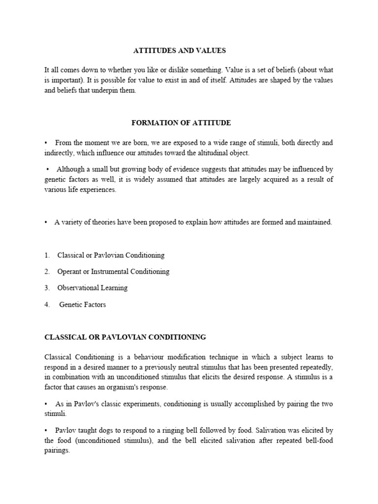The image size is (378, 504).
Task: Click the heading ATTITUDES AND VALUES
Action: pyautogui.click(x=179, y=51)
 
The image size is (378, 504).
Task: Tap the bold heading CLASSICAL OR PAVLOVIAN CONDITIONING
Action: pyautogui.click(x=125, y=337)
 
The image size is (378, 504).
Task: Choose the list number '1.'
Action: pyautogui.click(x=47, y=255)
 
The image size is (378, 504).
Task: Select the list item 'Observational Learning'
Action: pyautogui.click(x=92, y=288)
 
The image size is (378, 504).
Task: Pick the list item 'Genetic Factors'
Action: pyautogui.click(x=82, y=305)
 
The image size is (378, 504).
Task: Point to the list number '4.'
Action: pyautogui.click(x=47, y=305)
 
